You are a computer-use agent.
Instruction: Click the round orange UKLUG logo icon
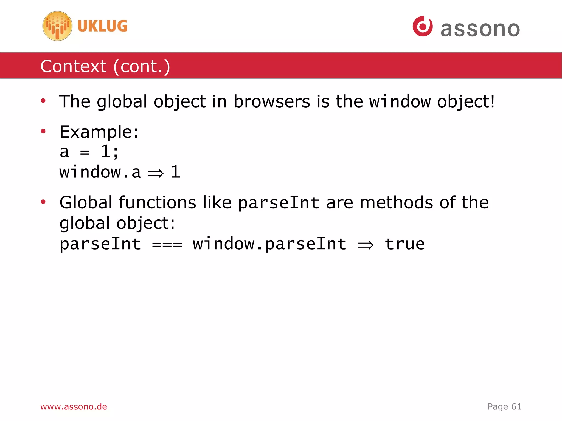pos(57,26)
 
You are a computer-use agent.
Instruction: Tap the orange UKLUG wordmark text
pos(102,26)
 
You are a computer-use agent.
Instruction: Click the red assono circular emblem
pos(423,26)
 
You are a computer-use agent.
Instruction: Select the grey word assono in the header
pos(480,29)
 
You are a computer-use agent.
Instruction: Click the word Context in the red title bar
pos(73,66)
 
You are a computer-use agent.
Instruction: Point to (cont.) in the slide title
pos(142,66)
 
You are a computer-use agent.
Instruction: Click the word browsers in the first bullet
pos(272,101)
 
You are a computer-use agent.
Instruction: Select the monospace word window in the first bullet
pos(400,102)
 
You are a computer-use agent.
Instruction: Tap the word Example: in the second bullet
pos(99,132)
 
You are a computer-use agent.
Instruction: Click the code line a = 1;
pos(89,152)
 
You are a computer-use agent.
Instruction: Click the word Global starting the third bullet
pos(86,203)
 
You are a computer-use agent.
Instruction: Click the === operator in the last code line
pos(167,244)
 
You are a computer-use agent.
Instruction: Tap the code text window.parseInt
pos(269,244)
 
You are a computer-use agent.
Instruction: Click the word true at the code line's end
pos(405,244)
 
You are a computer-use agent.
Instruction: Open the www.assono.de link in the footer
pos(74,406)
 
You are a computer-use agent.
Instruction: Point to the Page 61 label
pos(504,406)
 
